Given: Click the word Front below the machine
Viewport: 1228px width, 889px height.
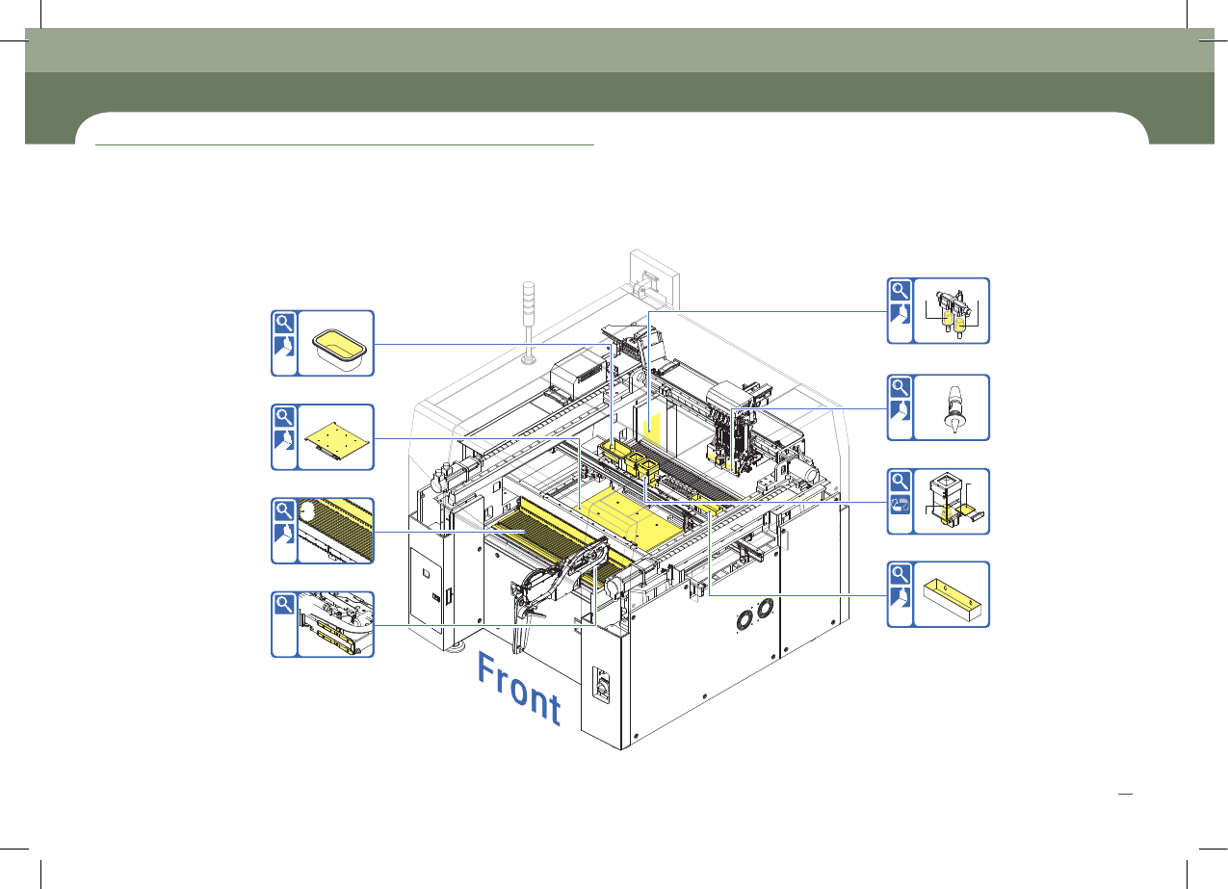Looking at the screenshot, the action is click(518, 689).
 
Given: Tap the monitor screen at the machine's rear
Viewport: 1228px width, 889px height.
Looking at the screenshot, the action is click(654, 280).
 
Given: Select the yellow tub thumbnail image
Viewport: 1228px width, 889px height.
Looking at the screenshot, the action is click(339, 349).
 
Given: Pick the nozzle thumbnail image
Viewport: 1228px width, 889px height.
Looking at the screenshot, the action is click(954, 409).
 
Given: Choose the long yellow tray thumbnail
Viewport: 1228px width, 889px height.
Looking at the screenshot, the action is click(953, 600).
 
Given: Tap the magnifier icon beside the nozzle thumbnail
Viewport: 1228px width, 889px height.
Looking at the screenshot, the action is click(900, 387).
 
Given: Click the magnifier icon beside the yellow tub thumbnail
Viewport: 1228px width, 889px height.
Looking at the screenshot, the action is click(284, 323).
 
